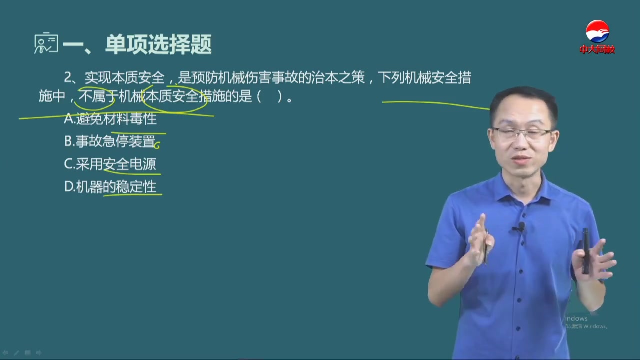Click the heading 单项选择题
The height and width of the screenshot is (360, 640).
coord(158,45)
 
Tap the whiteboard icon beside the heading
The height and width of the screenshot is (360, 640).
coord(45,44)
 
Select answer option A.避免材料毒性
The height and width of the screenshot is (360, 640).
coord(110,119)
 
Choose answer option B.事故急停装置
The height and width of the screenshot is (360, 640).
coord(110,141)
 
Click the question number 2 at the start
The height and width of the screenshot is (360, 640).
coord(68,78)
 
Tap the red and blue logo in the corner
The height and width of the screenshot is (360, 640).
coord(597,32)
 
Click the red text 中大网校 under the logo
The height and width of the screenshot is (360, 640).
coord(597,49)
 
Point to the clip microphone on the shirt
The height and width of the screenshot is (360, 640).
coord(520,227)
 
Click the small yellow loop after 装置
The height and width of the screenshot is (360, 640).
coord(157,145)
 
